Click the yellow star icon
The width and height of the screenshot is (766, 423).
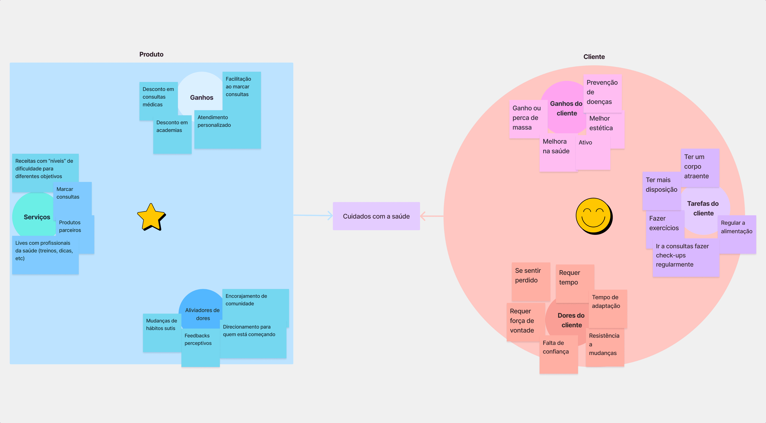pyautogui.click(x=151, y=217)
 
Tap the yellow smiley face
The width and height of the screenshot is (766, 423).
pyautogui.click(x=594, y=216)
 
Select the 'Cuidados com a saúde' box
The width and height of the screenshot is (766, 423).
pyautogui.click(x=376, y=216)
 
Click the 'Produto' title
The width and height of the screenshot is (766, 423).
pyautogui.click(x=151, y=54)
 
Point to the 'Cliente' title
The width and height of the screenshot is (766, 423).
pyautogui.click(x=594, y=57)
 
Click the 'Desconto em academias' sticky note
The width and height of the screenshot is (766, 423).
pyautogui.click(x=172, y=134)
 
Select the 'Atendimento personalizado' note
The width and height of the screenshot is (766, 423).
pyautogui.click(x=227, y=130)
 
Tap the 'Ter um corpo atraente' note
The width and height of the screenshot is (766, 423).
pyautogui.click(x=700, y=167)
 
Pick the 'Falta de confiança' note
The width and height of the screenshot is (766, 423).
pyautogui.click(x=558, y=354)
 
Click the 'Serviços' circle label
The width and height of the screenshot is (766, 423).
pyautogui.click(x=37, y=217)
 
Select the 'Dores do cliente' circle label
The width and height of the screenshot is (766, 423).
pyautogui.click(x=571, y=320)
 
